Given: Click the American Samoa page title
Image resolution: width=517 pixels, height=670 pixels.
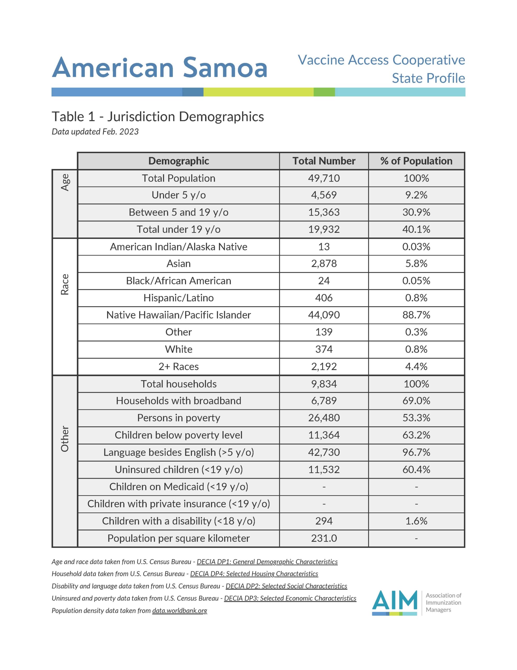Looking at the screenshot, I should pyautogui.click(x=159, y=68).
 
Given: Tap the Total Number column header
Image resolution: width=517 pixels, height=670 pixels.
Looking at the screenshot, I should pyautogui.click(x=324, y=161).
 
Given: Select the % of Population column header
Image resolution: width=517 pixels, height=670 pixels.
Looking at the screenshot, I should pyautogui.click(x=416, y=161).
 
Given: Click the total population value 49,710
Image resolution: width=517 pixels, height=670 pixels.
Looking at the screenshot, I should pyautogui.click(x=324, y=178).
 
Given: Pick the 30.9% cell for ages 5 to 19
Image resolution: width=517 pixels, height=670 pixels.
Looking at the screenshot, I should pyautogui.click(x=416, y=212).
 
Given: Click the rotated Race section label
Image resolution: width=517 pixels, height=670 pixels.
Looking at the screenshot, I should pyautogui.click(x=65, y=284).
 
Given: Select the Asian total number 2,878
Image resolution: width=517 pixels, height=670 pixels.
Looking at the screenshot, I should pyautogui.click(x=324, y=264).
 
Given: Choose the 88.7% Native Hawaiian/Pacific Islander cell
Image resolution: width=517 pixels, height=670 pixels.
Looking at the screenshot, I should pyautogui.click(x=416, y=315).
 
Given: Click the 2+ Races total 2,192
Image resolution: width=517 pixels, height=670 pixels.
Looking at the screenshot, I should pyautogui.click(x=324, y=367).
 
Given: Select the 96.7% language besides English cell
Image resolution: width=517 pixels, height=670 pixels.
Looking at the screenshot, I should pyautogui.click(x=416, y=452).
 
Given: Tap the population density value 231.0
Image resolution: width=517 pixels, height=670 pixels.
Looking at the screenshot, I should pyautogui.click(x=324, y=538).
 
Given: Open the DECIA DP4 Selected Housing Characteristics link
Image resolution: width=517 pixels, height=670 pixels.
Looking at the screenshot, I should pyautogui.click(x=254, y=574).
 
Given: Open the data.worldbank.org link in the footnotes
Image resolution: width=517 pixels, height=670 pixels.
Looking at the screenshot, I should pyautogui.click(x=180, y=611).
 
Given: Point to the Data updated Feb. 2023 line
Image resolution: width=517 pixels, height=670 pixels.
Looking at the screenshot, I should pyautogui.click(x=95, y=132).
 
